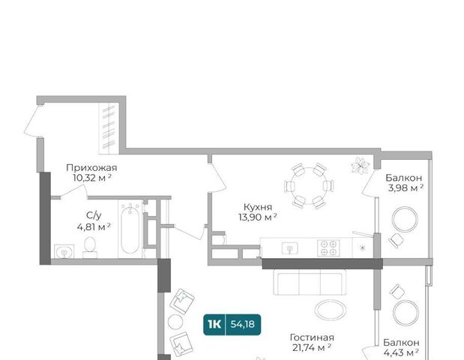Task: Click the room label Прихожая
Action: coord(91,168)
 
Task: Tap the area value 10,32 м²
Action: coord(92,178)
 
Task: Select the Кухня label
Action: coord(257,207)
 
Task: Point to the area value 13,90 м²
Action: coord(258,217)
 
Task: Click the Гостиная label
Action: coord(312,337)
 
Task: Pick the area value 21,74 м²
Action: coord(312,347)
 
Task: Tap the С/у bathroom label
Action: coord(94,215)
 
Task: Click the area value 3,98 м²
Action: coord(406,187)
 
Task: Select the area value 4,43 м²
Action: coord(401,352)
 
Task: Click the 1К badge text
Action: coord(214,325)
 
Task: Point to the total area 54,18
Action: coord(243,325)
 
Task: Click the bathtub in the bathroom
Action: coord(130,229)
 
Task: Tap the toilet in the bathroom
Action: coord(90,247)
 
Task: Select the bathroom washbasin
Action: coord(64,252)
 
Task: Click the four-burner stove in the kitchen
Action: coord(328,247)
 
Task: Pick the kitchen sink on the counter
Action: coord(290,248)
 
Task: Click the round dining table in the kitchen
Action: coord(309,186)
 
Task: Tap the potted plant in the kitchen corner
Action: coord(360,165)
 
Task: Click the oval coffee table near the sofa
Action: coord(331,310)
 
